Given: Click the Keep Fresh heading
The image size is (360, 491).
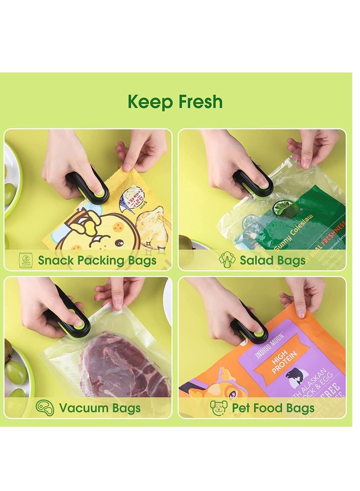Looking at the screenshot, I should click(x=175, y=102).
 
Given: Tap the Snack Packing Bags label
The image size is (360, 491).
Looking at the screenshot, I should click(x=97, y=260).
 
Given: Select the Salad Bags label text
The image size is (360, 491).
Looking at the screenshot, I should click(x=272, y=260).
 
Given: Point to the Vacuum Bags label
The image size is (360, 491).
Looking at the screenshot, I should click(x=100, y=409).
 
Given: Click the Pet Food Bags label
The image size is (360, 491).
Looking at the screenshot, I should click(x=273, y=409).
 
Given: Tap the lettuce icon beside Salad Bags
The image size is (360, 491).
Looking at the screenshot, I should click(x=227, y=260).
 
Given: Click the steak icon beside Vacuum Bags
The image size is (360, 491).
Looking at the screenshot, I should click(x=45, y=408).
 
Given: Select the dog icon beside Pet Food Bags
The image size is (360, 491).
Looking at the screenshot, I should click(x=219, y=408).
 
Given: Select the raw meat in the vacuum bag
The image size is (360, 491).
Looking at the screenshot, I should click(x=124, y=365).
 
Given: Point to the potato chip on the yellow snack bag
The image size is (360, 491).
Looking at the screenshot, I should click(x=155, y=225).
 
